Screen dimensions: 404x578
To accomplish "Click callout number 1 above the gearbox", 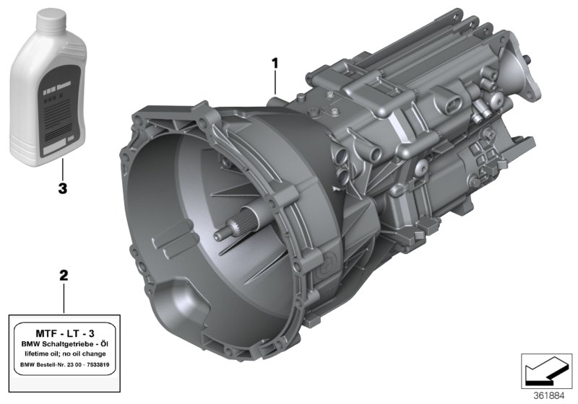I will pos(275,63).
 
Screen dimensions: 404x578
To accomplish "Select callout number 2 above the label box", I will pos(64,276).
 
